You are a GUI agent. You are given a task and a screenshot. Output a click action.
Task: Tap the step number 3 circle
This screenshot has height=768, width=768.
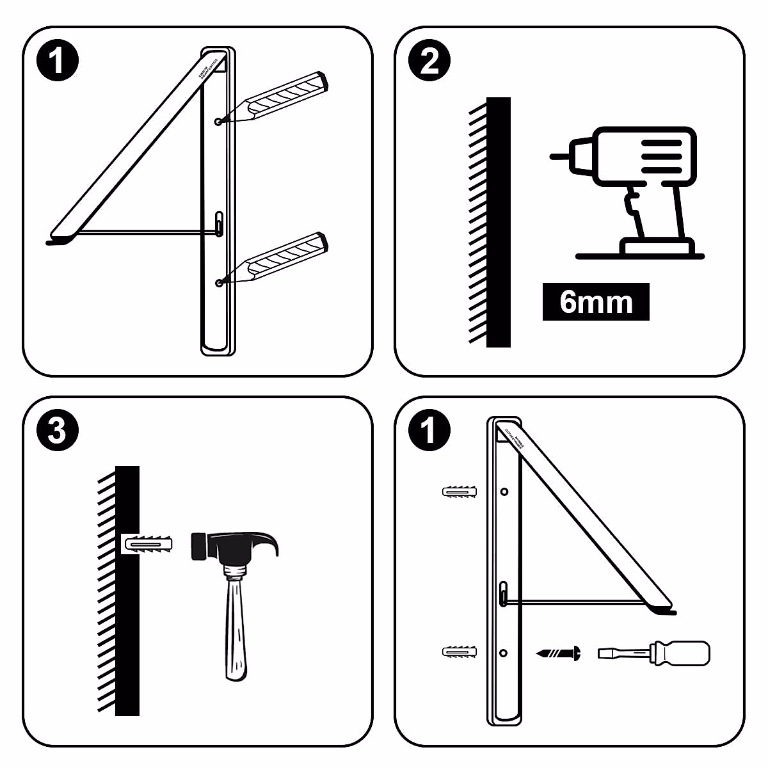coord(57,431)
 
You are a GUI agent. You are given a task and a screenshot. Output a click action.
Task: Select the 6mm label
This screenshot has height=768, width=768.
coord(596,301)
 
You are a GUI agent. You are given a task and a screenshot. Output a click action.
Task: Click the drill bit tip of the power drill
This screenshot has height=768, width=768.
coord(554,156)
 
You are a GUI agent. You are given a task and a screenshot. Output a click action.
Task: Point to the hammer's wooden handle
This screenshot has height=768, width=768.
coord(235,627)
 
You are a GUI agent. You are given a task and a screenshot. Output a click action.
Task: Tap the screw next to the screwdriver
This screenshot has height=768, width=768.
coord(559,653)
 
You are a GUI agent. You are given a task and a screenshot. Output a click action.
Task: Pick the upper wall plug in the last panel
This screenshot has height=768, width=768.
coord(459,492)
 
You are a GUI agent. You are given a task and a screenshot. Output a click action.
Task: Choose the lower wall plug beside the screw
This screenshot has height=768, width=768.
coord(459,653)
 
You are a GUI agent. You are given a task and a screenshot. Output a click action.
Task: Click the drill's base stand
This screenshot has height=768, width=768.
coord(656,246)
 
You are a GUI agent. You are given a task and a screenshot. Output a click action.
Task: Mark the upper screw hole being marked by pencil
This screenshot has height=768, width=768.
coord(219,121)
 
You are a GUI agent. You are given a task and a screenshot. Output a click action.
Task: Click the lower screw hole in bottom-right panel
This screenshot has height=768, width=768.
coord(504,653)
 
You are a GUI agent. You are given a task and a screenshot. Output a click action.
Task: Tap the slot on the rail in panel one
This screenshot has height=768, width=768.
coord(219,225)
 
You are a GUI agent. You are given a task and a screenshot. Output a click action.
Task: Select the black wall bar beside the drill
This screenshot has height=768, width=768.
coord(499,222)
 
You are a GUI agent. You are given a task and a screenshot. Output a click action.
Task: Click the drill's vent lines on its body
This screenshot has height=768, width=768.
coord(660,156)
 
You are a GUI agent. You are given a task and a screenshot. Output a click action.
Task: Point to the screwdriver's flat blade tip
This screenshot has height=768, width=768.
coord(603,653)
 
